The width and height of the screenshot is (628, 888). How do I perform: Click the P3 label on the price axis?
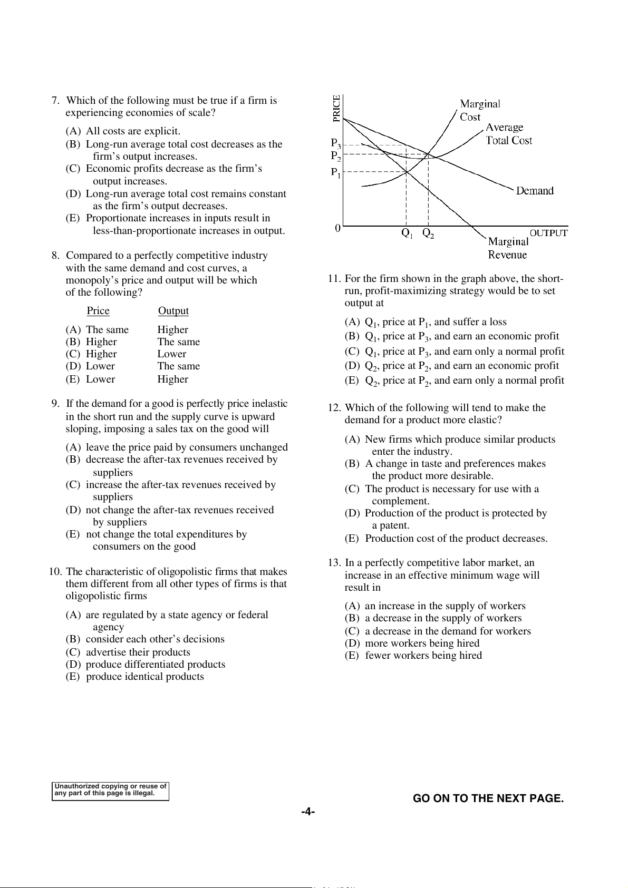coord(336,143)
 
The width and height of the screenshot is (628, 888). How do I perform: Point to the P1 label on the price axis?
coord(336,172)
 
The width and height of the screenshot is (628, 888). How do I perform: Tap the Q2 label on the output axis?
coord(428,233)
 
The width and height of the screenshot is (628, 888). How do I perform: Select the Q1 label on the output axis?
coord(407,233)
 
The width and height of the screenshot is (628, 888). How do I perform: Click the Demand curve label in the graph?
coord(535,191)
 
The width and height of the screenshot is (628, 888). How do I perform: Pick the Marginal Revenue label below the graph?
coord(508,248)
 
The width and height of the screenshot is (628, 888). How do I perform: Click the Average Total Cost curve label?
coord(509,134)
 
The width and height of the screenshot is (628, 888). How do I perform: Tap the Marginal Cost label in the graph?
coord(479,110)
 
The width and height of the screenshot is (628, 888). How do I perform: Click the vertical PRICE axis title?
coord(337,109)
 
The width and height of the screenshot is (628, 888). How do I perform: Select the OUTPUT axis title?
coord(548,233)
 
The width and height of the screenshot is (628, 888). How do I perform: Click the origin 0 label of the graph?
coord(338,228)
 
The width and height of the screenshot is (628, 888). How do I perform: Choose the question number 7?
coord(55,101)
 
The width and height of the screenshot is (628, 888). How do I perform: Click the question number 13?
coord(334,563)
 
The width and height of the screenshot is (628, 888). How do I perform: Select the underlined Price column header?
coord(98,311)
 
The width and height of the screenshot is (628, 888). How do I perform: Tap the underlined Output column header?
coord(173,311)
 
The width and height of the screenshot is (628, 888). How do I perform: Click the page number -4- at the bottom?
coord(308,812)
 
